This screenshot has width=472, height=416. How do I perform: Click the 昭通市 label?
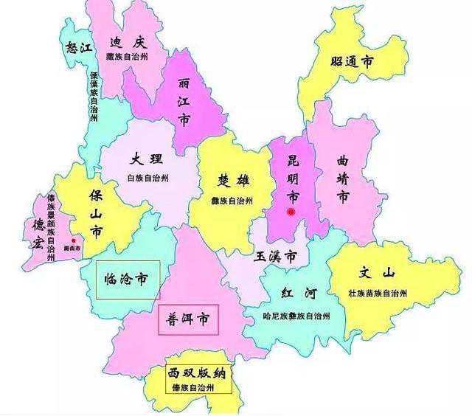(352, 63)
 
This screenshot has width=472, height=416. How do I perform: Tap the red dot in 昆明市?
(292, 212)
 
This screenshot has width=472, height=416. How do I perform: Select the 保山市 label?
(96, 214)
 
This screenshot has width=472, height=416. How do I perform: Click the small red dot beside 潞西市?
(74, 240)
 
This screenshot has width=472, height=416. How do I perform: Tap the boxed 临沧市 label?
(127, 279)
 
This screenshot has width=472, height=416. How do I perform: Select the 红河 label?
(299, 294)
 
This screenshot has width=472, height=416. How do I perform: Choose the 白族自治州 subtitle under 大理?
(148, 178)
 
